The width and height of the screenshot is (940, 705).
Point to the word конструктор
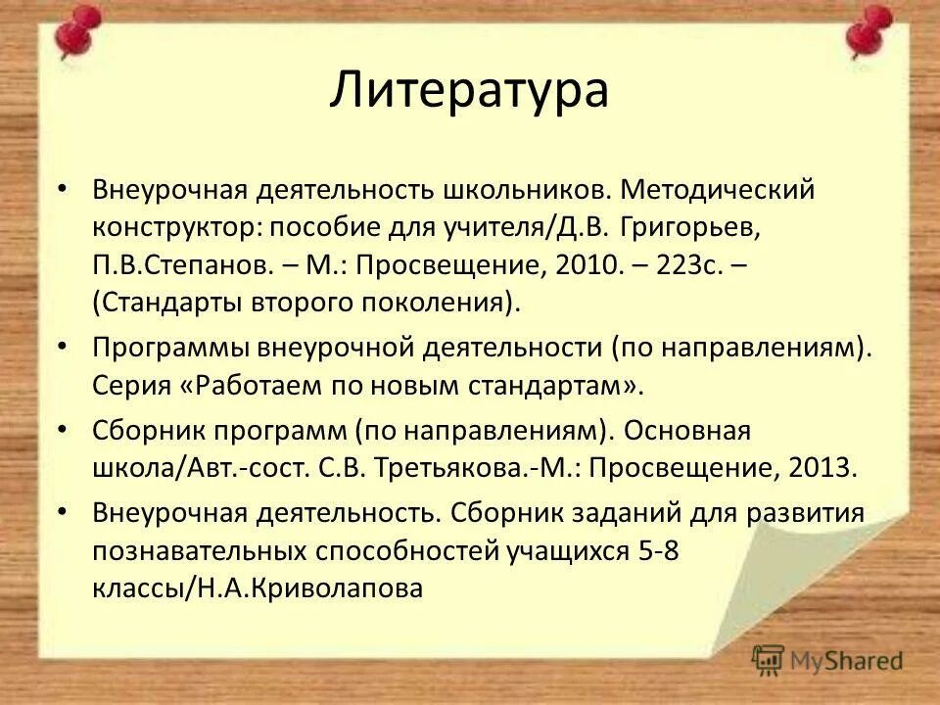[175, 227]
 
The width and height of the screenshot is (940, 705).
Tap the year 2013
[821, 468]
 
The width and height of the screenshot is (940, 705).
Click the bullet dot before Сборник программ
[64, 430]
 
